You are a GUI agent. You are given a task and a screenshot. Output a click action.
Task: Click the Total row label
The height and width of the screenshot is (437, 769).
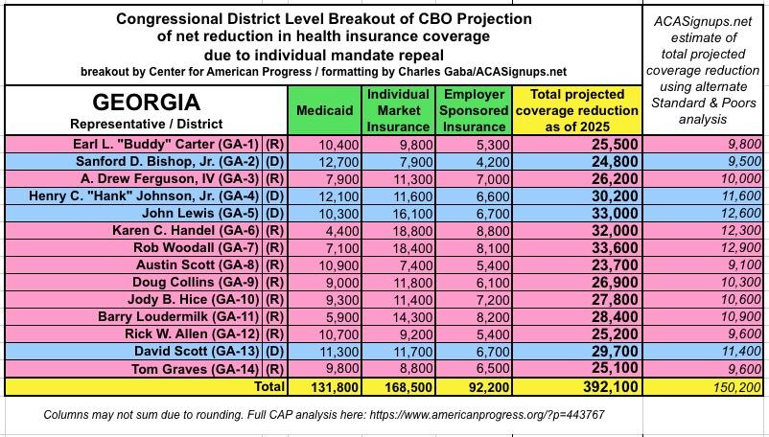pos(268,386)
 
